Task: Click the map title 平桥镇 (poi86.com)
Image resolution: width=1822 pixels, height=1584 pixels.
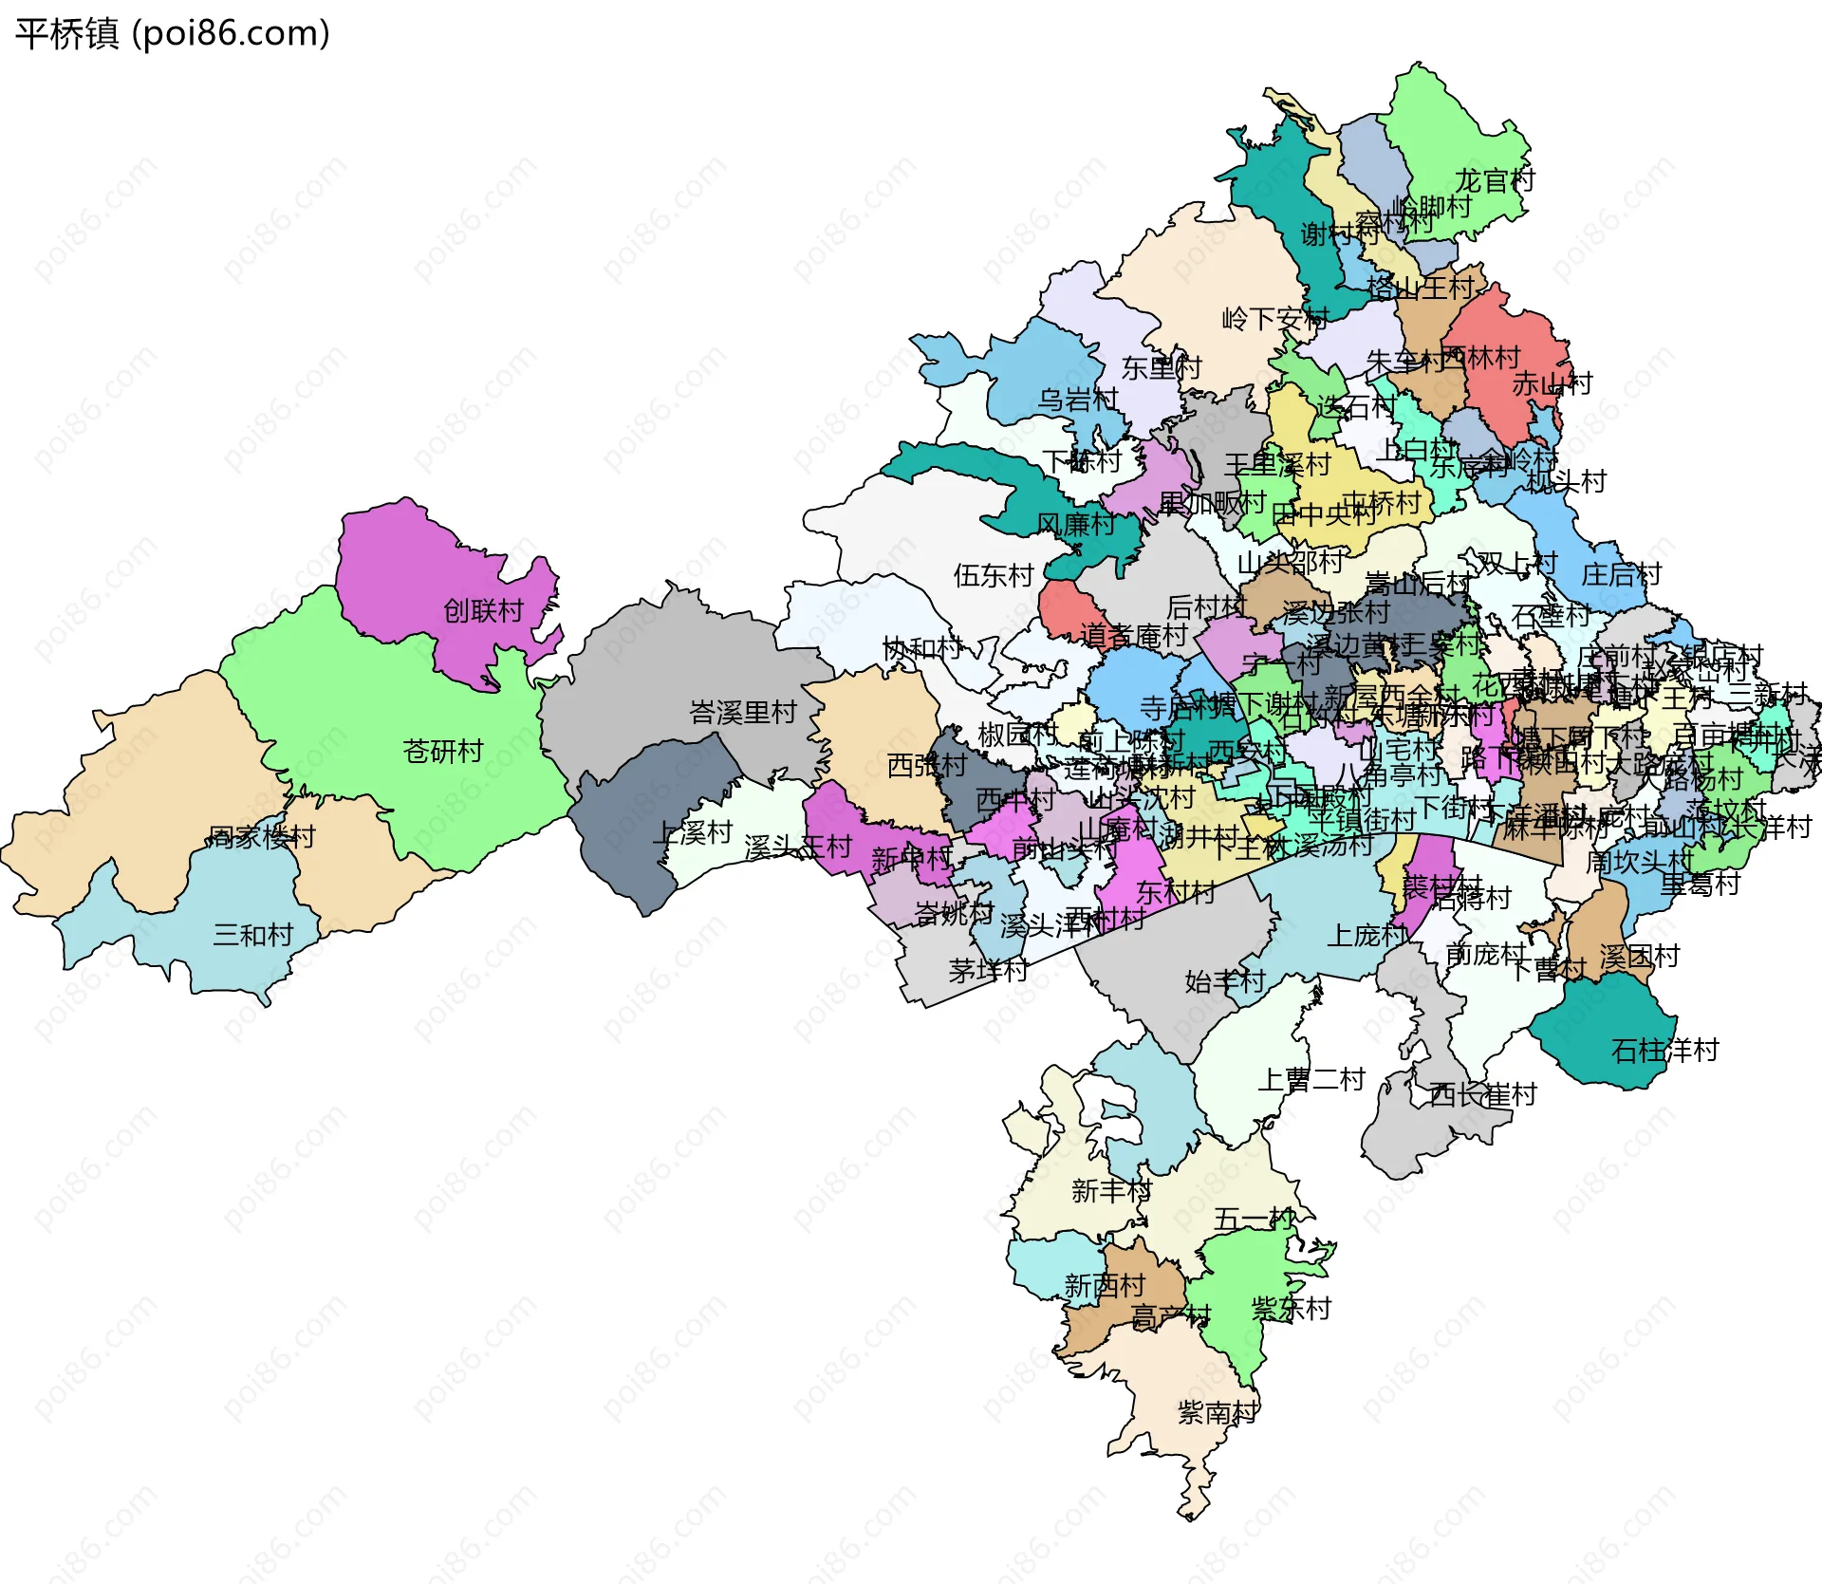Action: point(173,33)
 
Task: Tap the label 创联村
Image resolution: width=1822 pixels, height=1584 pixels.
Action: point(483,610)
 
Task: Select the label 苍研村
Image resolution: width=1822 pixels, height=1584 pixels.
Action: point(442,752)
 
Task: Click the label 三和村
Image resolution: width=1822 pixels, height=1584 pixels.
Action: point(252,935)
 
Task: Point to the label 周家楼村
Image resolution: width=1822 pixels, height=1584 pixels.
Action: point(261,837)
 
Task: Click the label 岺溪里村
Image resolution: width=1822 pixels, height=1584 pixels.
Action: point(742,712)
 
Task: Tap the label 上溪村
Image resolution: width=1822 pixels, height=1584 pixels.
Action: point(693,832)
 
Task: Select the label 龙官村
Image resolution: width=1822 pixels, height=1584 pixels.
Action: point(1495,179)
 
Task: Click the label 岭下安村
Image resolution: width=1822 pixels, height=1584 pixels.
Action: point(1274,319)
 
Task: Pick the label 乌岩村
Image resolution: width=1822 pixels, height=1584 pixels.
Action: point(1078,400)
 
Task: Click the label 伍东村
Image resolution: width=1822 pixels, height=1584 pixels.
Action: point(993,575)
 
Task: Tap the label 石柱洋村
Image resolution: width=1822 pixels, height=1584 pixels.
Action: point(1664,1050)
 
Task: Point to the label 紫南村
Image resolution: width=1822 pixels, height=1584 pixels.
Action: point(1218,1412)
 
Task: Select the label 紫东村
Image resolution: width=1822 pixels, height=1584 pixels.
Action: point(1291,1309)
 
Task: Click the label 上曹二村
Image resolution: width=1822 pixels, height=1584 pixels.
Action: point(1311,1079)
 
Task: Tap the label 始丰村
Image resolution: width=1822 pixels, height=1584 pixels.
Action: point(1224,981)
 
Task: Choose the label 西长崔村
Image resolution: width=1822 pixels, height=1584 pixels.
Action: point(1482,1094)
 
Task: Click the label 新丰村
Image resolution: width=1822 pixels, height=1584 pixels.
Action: point(1111,1190)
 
